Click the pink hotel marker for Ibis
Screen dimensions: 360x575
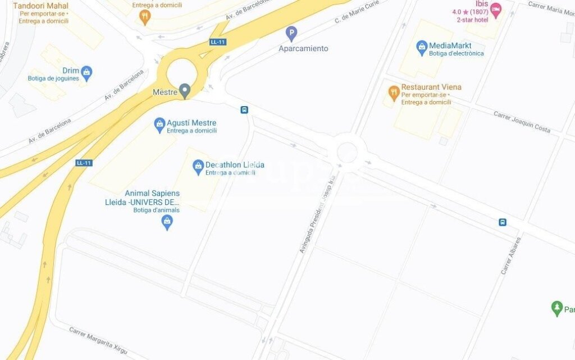click(495, 10)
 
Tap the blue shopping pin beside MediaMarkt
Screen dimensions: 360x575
click(422, 48)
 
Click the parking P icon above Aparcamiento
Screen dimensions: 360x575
click(291, 33)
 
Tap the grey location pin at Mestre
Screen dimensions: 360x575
click(184, 91)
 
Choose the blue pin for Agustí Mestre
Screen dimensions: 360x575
click(159, 124)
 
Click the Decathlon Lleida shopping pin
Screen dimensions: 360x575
click(198, 166)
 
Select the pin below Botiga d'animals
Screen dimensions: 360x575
click(167, 222)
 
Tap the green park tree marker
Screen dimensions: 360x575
click(556, 308)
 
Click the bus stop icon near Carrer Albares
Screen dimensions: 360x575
click(503, 222)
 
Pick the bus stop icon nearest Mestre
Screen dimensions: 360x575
click(244, 110)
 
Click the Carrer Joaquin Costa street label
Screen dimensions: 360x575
click(522, 121)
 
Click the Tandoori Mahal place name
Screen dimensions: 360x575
click(40, 6)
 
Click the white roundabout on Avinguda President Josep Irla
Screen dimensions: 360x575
click(346, 152)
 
